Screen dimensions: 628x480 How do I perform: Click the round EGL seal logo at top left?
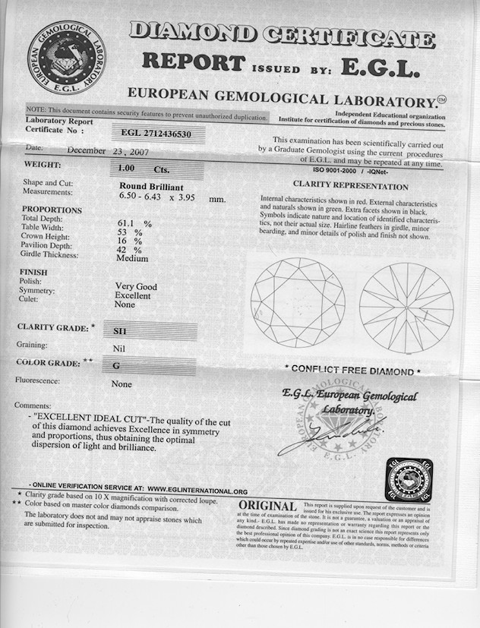click(67, 58)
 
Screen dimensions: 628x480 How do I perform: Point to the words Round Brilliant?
click(152, 186)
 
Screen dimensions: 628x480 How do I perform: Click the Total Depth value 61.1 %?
click(134, 224)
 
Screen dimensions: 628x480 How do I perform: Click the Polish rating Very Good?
click(136, 287)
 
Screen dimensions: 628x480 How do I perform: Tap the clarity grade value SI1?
click(120, 331)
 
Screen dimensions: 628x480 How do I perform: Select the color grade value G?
click(116, 366)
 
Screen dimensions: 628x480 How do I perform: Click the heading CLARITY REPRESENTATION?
click(350, 187)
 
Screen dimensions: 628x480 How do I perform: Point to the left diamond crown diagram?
click(297, 302)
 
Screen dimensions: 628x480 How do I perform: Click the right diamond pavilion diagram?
click(406, 308)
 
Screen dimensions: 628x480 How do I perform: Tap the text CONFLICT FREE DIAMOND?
click(352, 371)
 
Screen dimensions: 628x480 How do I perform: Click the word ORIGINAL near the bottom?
click(267, 506)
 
